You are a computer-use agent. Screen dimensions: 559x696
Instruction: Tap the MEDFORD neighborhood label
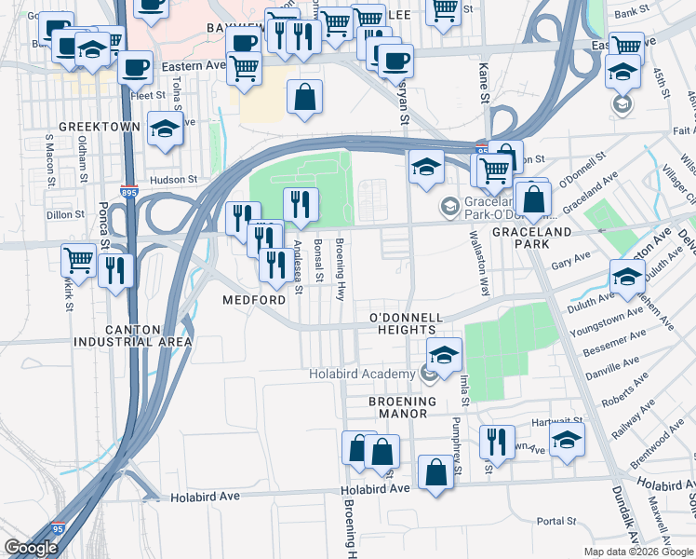tap(254, 300)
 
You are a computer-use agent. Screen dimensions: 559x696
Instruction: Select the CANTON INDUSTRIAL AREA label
tap(134, 335)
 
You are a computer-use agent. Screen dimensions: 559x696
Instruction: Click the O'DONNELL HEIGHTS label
tap(404, 323)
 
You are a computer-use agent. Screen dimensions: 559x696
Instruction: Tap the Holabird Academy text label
tap(362, 375)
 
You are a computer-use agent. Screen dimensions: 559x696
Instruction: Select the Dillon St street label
tap(65, 213)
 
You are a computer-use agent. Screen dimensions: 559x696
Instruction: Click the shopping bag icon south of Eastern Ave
tap(304, 97)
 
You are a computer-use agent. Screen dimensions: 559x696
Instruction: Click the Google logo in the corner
tap(31, 548)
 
